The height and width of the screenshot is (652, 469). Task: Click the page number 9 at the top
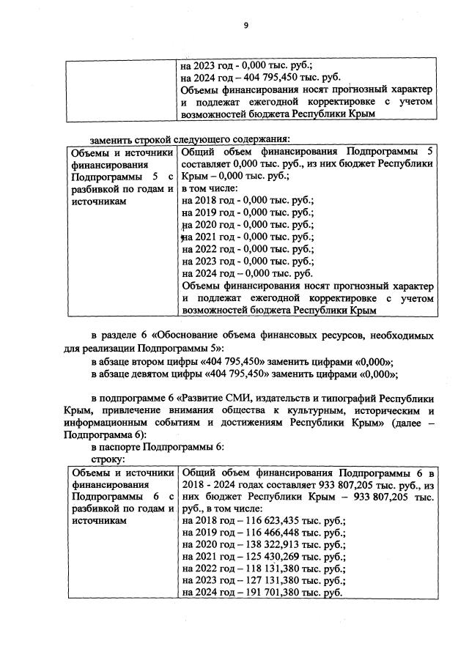(x=246, y=26)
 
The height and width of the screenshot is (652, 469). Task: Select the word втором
(x=155, y=361)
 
